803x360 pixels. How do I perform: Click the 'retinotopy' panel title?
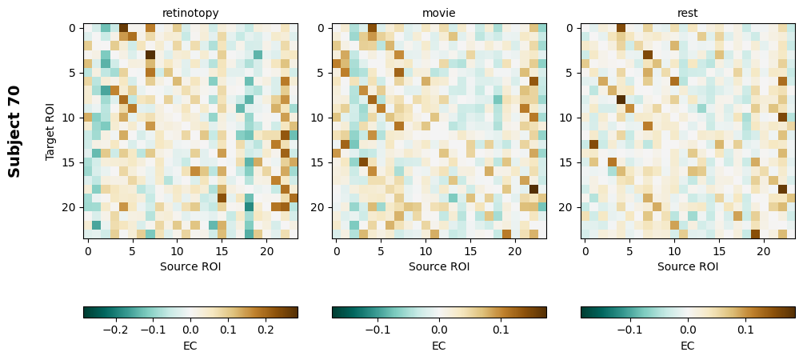190,13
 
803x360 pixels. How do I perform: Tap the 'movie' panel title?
439,13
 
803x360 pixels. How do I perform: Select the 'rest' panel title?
688,13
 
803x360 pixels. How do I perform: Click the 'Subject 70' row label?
14,130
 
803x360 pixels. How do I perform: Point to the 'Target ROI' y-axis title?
50,130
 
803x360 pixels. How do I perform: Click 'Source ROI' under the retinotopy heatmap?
190,266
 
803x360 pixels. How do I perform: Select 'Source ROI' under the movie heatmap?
439,266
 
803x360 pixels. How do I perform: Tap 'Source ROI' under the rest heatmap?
688,266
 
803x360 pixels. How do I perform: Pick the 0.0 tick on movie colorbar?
439,329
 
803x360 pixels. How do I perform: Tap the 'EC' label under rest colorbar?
688,346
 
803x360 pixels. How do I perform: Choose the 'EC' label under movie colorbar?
439,346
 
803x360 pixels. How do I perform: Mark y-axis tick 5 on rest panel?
571,73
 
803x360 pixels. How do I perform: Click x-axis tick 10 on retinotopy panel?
178,251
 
